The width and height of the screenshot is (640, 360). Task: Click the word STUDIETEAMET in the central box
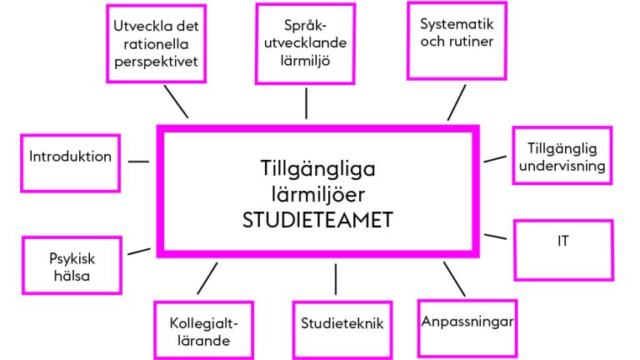tap(317, 220)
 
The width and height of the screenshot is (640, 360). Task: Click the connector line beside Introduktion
tap(139, 162)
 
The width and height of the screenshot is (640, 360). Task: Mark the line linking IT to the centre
tap(496, 237)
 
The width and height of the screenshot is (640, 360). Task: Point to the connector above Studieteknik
tap(336, 279)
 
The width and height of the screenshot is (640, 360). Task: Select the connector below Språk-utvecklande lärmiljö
tap(306, 103)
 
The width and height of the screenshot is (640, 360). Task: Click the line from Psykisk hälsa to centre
tap(139, 251)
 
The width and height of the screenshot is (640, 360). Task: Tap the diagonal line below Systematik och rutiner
tap(457, 102)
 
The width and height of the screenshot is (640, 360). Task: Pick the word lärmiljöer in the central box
tap(318, 194)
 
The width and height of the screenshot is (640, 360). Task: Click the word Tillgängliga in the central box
tap(318, 169)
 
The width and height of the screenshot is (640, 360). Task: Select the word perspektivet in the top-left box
tap(157, 61)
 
